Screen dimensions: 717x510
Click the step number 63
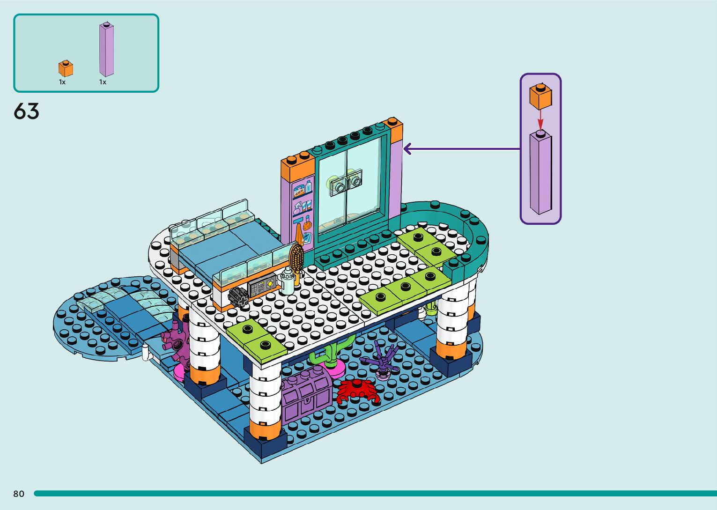[26, 111]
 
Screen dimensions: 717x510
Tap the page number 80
[19, 494]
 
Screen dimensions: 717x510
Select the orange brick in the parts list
[66, 68]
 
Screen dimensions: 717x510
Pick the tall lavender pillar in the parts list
[106, 49]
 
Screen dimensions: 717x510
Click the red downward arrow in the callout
[540, 119]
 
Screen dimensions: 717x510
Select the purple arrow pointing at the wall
[461, 149]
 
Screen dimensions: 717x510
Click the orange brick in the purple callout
[540, 97]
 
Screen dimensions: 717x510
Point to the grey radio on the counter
[262, 286]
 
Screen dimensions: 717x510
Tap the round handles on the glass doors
[347, 184]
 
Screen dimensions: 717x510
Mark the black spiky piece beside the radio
[238, 296]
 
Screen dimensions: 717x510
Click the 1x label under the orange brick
[62, 82]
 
